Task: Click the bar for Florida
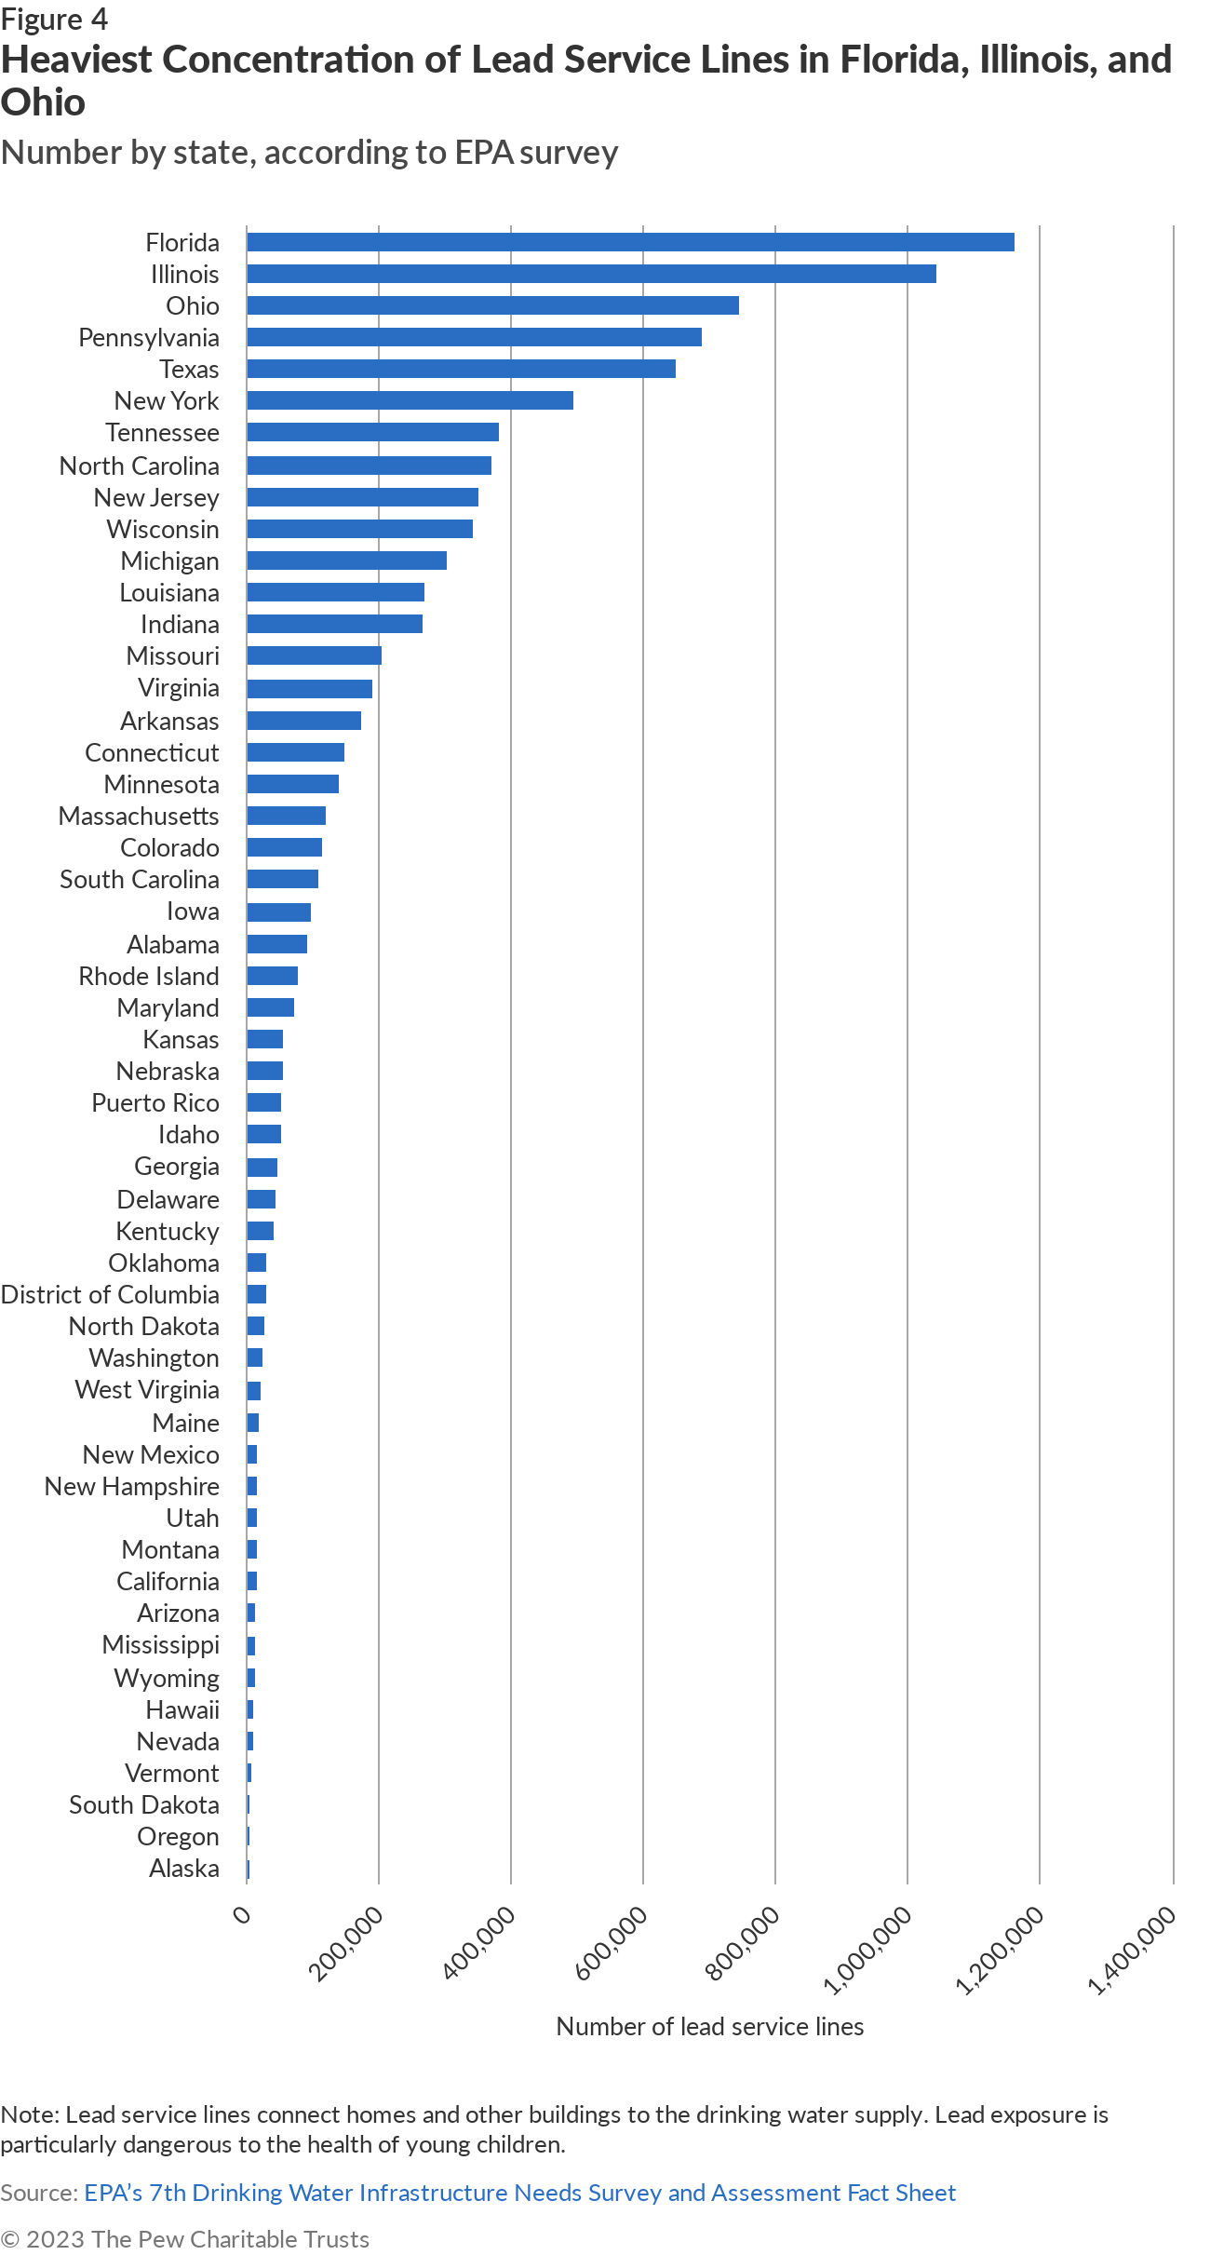pos(630,242)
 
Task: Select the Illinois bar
pos(591,274)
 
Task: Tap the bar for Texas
pos(461,369)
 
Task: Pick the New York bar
pos(410,400)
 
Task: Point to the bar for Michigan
pos(346,560)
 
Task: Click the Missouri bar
pos(314,655)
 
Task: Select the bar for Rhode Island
pos(272,976)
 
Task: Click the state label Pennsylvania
pos(149,337)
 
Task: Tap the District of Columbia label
pos(110,1294)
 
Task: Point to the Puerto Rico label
pos(155,1102)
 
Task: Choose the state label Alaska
pos(184,1868)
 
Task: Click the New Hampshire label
pos(132,1486)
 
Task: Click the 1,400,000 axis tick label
pos(1133,1951)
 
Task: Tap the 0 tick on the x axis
pos(242,1915)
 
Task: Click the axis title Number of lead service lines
pos(709,2027)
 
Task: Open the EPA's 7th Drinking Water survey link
pos(519,2193)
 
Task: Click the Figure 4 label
pos(54,19)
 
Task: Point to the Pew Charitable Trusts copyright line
pos(184,2239)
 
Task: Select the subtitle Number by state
pos(309,153)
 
